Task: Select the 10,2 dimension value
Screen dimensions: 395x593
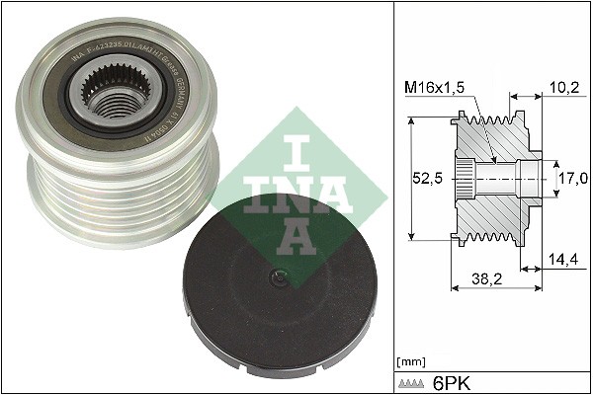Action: click(562, 88)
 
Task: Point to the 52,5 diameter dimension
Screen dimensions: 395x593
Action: click(426, 179)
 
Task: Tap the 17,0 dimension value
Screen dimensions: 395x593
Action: click(572, 179)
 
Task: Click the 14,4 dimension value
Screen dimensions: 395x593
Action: click(562, 260)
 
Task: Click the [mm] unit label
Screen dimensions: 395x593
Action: click(410, 362)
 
